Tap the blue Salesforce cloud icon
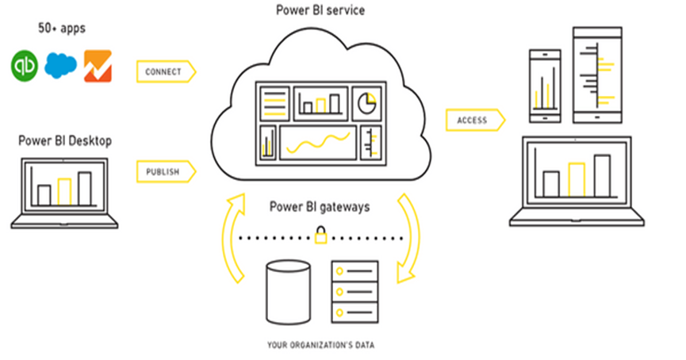coord(61,67)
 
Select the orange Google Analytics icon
coord(98,67)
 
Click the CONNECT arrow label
coord(163,71)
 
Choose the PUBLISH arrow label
coord(163,171)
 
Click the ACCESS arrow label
coord(474,121)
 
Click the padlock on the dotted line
coord(320,235)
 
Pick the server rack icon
coord(353,290)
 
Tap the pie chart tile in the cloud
coord(366,102)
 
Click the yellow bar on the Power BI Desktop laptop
coord(64,190)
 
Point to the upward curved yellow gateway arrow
coord(233,238)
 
